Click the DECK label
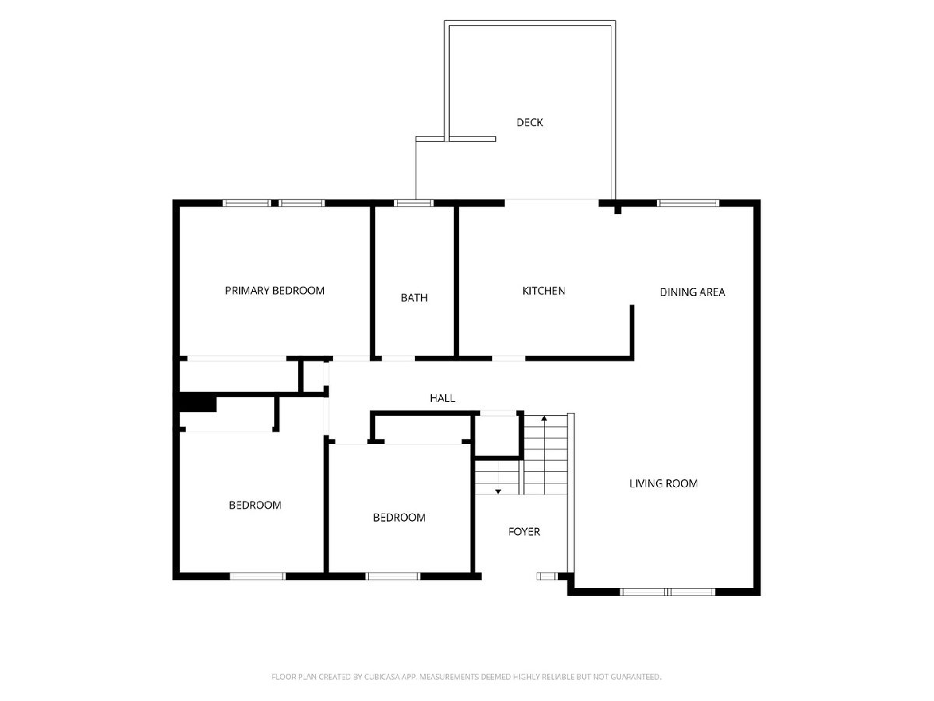tap(529, 122)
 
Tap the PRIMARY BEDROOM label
tap(275, 291)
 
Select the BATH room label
tap(414, 298)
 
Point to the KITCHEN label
tap(543, 291)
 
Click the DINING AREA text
tap(692, 292)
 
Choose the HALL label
tap(442, 398)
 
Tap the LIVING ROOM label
tap(663, 483)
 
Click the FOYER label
tap(524, 531)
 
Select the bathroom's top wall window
tap(413, 203)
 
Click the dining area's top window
tap(688, 203)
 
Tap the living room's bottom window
tap(667, 592)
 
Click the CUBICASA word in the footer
tap(382, 676)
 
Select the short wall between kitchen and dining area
tap(632, 333)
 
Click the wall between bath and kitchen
tap(456, 281)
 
